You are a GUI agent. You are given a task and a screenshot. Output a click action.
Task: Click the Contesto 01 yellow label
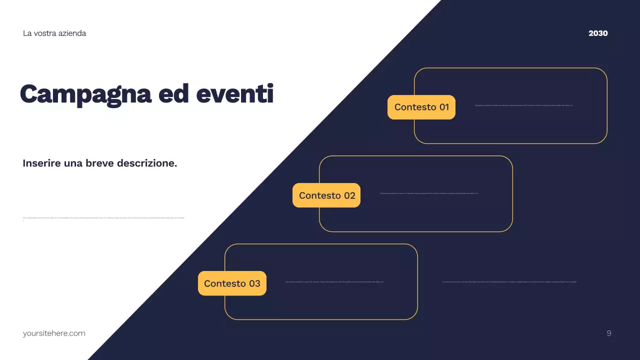pyautogui.click(x=421, y=107)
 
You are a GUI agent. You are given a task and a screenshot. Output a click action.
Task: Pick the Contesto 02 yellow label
pyautogui.click(x=327, y=195)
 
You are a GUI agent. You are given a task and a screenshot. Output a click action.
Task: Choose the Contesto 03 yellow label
pyautogui.click(x=232, y=283)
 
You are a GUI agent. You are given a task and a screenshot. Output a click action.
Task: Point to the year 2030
pyautogui.click(x=598, y=33)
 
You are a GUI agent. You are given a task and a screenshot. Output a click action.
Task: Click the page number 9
pyautogui.click(x=608, y=333)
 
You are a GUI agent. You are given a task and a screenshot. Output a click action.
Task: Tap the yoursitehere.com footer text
pyautogui.click(x=54, y=333)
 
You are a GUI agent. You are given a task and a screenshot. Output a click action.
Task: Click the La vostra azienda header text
pyautogui.click(x=54, y=33)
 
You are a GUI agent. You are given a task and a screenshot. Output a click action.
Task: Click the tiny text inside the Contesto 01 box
pyautogui.click(x=524, y=105)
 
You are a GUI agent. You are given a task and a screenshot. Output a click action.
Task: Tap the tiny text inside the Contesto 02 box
pyautogui.click(x=429, y=193)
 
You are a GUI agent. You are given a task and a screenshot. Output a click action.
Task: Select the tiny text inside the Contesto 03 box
pyautogui.click(x=334, y=282)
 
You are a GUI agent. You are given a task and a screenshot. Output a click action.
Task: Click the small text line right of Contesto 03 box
pyautogui.click(x=509, y=282)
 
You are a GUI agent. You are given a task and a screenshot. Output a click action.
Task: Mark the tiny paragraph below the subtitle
pyautogui.click(x=104, y=218)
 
